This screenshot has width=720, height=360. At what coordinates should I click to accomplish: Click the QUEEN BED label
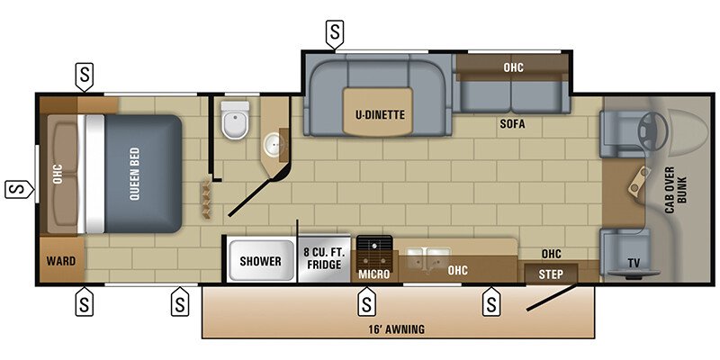click(134, 173)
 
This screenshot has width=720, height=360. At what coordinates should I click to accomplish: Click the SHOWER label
click(260, 262)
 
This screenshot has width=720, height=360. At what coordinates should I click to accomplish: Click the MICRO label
click(373, 274)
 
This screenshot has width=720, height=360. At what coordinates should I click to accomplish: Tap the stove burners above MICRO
click(373, 246)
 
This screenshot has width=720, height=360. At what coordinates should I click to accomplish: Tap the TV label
click(634, 264)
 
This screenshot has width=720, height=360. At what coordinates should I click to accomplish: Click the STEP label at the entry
click(551, 273)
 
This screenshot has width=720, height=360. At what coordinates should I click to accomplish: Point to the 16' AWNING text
click(397, 329)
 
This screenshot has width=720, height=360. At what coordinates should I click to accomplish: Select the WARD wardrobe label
click(61, 262)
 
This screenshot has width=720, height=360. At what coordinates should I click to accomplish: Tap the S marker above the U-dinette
click(335, 35)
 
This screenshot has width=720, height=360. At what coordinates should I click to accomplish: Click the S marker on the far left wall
click(16, 190)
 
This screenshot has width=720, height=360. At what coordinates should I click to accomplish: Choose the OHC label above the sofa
click(513, 67)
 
